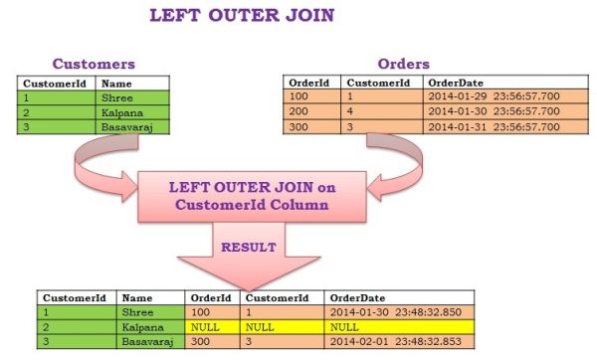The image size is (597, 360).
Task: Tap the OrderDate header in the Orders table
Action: click(x=454, y=83)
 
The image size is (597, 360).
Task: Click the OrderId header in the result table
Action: click(x=210, y=296)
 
